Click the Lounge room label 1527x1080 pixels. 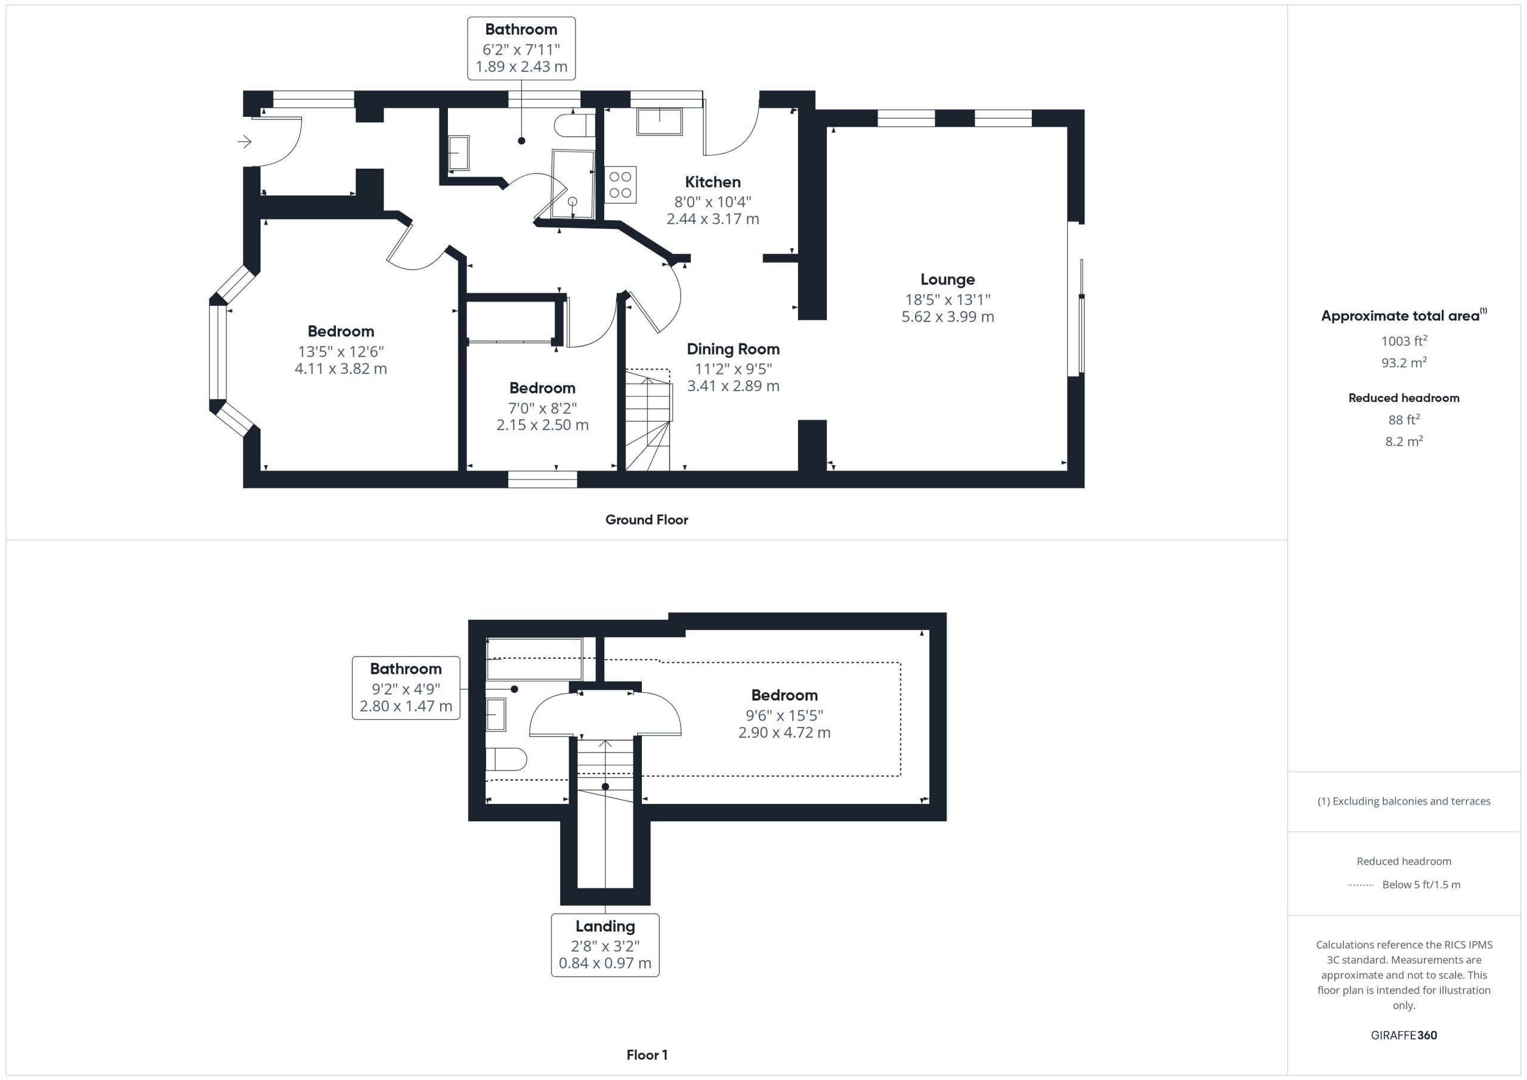point(947,280)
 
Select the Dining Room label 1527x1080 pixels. point(733,349)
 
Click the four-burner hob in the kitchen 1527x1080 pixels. point(620,185)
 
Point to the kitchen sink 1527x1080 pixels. point(659,122)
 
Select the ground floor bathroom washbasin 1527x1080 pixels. point(458,154)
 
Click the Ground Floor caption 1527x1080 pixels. point(647,520)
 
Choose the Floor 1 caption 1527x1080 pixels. point(647,1055)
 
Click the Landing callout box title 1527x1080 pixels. point(605,926)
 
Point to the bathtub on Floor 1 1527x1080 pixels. point(534,659)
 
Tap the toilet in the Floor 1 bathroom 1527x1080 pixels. point(506,759)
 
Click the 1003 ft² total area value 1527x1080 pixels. point(1404,341)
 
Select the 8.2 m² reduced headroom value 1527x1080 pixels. point(1404,441)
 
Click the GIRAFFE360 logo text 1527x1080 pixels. point(1404,1035)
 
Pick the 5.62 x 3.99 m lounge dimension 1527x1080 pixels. point(948,317)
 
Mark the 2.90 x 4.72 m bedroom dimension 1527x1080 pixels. point(784,733)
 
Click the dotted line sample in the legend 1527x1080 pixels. point(1360,885)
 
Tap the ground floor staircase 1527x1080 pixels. point(648,420)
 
